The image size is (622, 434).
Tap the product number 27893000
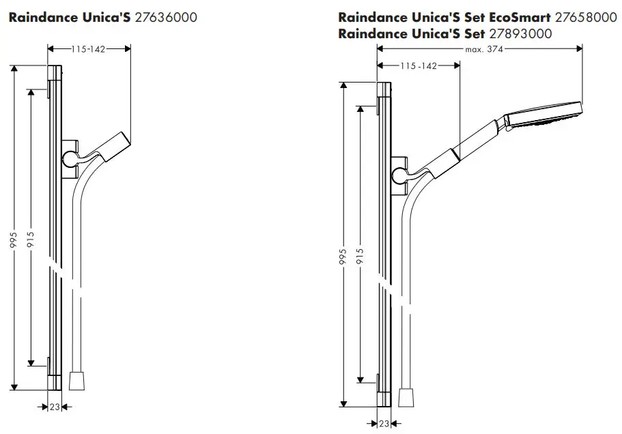[521, 33]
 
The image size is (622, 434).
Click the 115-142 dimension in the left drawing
[89, 49]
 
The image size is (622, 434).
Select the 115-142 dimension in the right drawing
[419, 66]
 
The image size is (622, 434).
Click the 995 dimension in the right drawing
[343, 257]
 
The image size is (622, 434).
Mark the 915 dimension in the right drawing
[360, 257]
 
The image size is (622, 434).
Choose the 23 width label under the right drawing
[384, 423]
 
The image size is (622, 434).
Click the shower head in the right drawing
[543, 117]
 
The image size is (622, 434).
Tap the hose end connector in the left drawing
[76, 379]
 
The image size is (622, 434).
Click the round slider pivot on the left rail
[70, 159]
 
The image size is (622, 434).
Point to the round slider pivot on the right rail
[399, 176]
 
